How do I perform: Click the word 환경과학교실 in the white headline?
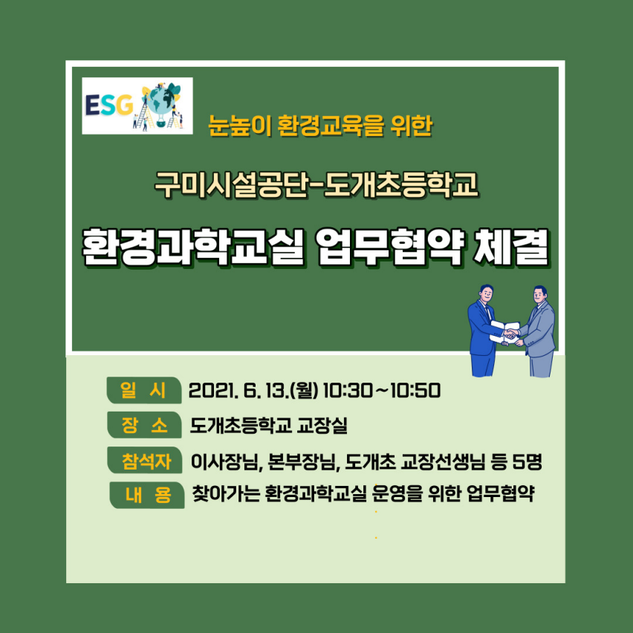192,248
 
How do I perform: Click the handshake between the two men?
510,334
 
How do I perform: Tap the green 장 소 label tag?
144,426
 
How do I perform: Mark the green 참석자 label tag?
146,461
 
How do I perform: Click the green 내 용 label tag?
146,495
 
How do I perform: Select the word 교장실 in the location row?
322,426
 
